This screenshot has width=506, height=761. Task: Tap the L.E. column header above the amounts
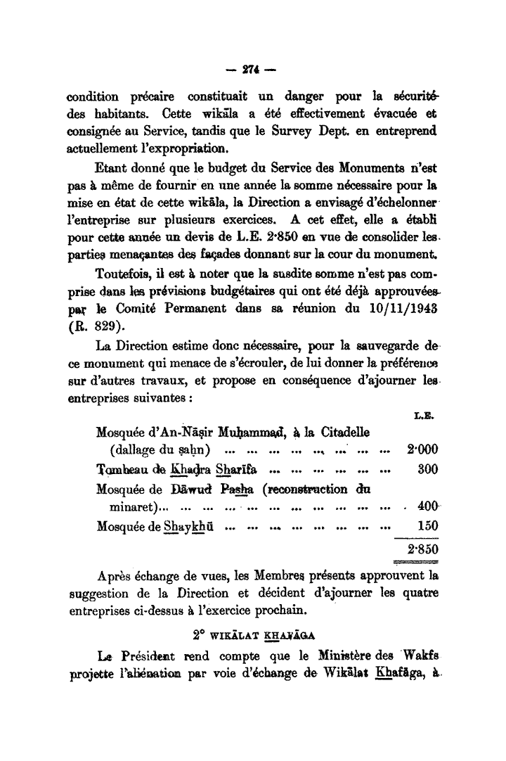click(424, 416)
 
